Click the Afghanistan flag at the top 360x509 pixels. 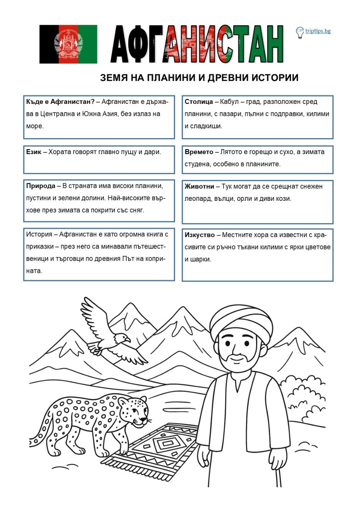click(68, 44)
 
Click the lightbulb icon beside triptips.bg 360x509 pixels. click(300, 32)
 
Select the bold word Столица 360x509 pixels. click(198, 102)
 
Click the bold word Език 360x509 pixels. click(33, 151)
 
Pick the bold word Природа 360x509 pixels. click(40, 186)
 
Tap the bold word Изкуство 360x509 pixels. click(199, 234)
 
